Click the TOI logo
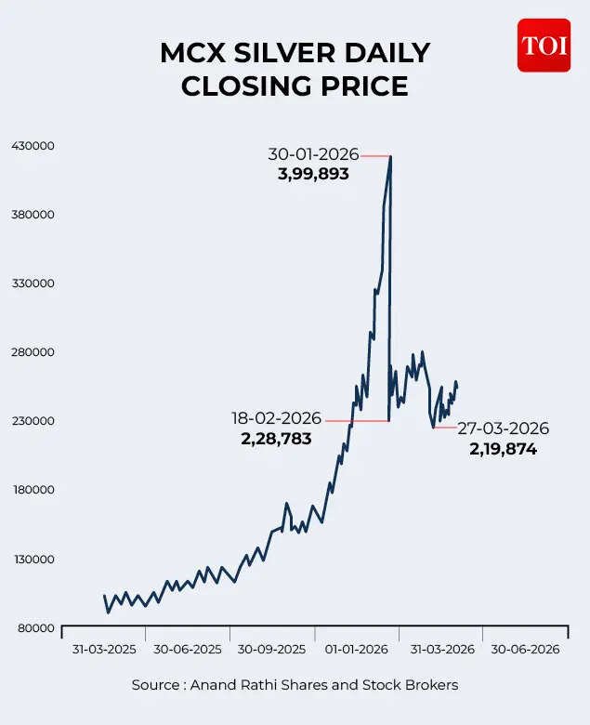pos(544,46)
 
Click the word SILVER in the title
pos(295,53)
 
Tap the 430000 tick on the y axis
pos(32,146)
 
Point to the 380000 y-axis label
pos(32,215)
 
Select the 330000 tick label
pos(32,283)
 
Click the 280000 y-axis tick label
pos(32,352)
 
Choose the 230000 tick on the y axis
pos(32,421)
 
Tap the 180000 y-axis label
pos(32,490)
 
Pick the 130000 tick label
pos(32,560)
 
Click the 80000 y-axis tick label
pos(34,628)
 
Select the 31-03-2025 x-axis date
pos(104,650)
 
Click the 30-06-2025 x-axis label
pos(188,650)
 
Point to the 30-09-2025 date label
pos(271,650)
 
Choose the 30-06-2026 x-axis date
pos(525,650)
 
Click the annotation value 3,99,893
pos(313,173)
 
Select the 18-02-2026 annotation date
pos(276,418)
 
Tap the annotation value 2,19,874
pos(503,449)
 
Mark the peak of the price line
pos(390,156)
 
